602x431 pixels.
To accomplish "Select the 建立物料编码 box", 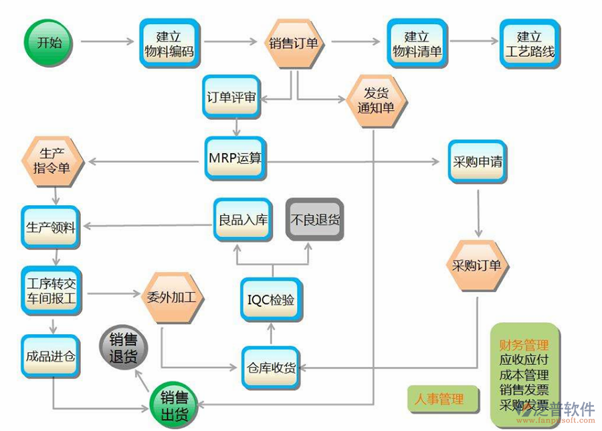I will pyautogui.click(x=169, y=43).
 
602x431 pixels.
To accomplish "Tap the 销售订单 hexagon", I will pyautogui.click(x=294, y=43).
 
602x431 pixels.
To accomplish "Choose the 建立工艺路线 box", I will pyautogui.click(x=530, y=43).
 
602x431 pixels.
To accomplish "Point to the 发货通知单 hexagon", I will pyautogui.click(x=376, y=100).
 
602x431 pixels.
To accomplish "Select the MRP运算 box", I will pyautogui.click(x=235, y=159).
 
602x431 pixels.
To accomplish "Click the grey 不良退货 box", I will pyautogui.click(x=315, y=219).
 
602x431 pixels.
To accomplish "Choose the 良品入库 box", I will pyautogui.click(x=243, y=219).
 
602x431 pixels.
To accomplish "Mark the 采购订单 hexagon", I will pyautogui.click(x=477, y=266).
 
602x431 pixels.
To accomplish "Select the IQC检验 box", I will pyautogui.click(x=267, y=300).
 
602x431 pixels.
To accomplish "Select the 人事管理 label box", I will pyautogui.click(x=439, y=400).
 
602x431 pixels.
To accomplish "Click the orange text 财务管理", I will pyautogui.click(x=524, y=345).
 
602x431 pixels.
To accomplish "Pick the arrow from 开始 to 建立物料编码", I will pyautogui.click(x=108, y=43).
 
